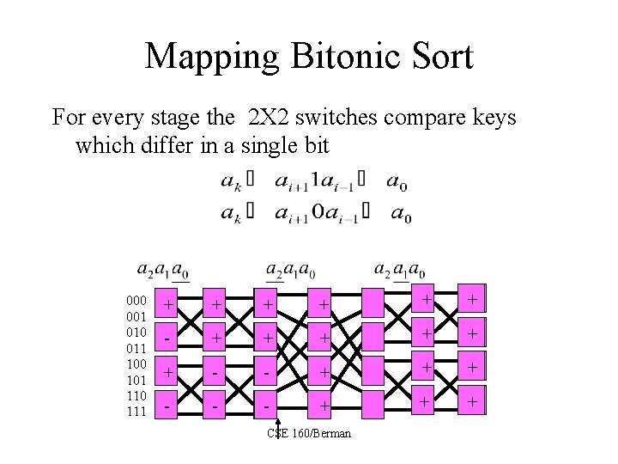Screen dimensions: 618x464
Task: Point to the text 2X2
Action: (270, 117)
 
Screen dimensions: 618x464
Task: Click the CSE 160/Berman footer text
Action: (309, 433)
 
